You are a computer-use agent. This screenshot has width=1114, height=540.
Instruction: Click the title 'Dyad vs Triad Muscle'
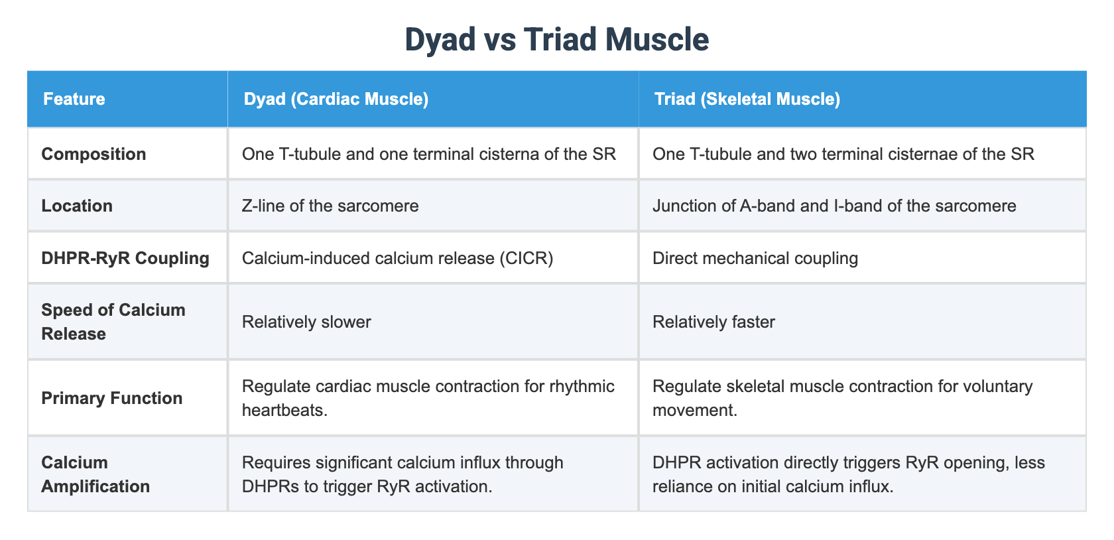pos(556,40)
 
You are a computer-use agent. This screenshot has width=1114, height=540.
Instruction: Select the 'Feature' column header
pos(74,100)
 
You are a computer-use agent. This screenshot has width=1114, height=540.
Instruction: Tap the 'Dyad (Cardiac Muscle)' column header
pos(336,100)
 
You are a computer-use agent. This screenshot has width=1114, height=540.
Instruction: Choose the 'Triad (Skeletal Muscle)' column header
pos(747,100)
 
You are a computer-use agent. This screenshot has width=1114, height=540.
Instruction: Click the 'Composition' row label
pos(93,154)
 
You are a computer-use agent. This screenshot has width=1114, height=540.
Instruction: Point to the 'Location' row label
pos(77,206)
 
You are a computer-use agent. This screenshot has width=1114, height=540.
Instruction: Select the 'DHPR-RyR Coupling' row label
pos(125,257)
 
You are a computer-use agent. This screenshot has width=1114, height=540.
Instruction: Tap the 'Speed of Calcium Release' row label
pos(113,322)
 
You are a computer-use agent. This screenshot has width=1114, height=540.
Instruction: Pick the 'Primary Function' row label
pos(111,398)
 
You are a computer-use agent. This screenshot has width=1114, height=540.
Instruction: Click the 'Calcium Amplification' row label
pos(95,474)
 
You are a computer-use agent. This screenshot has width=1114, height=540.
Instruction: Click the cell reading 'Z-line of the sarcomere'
pos(330,206)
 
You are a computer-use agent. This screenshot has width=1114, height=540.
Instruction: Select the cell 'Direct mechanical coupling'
pos(755,257)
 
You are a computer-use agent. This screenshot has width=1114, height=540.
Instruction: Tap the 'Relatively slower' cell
pos(306,322)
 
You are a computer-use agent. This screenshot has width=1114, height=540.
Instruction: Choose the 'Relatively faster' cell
pos(713,322)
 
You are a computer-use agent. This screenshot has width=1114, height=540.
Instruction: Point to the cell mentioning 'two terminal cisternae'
pos(843,154)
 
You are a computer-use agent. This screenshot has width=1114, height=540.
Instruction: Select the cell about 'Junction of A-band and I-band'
pos(834,206)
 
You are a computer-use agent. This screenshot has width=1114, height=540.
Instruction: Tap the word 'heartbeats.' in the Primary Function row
pos(284,410)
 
